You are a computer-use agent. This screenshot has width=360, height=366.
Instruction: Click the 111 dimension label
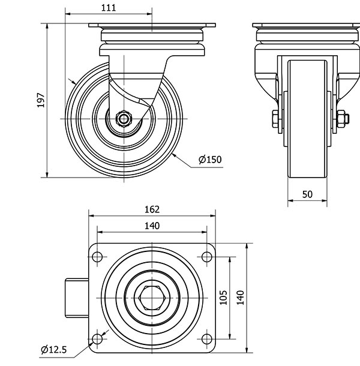coord(109,7)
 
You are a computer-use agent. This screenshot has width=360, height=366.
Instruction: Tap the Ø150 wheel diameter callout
coord(210,159)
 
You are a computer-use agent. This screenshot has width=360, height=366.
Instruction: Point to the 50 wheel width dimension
coord(307,194)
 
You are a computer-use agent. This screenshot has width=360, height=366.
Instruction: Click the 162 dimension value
coord(152,209)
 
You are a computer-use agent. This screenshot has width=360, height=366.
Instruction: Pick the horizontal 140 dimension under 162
coord(152,226)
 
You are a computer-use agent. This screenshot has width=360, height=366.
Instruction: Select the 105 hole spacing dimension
coord(223,298)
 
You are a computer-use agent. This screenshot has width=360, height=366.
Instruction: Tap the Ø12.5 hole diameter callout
coord(53,349)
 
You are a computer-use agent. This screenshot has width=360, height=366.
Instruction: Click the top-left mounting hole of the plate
coord(97,257)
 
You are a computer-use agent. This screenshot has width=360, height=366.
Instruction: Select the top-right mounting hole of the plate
coord(206,257)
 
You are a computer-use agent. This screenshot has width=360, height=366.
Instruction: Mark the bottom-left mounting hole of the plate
coord(97,340)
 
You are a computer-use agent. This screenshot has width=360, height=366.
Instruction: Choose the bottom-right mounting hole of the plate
coord(206,340)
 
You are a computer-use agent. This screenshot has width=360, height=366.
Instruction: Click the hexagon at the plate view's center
coord(152,298)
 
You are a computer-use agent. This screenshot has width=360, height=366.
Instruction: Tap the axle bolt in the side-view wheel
coord(124,118)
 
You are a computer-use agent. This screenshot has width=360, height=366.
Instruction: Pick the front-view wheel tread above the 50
coord(307,120)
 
